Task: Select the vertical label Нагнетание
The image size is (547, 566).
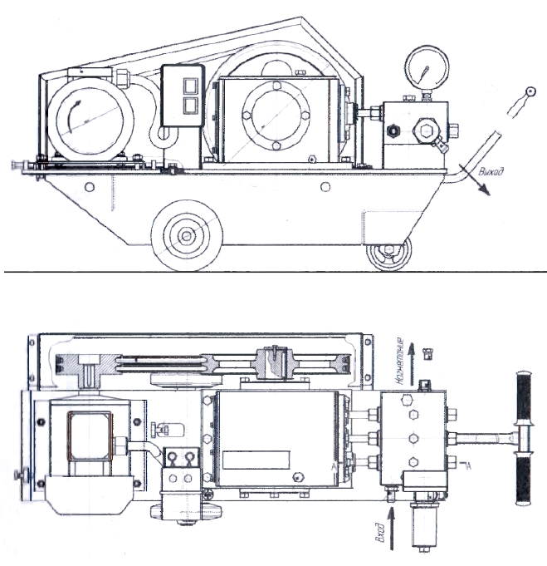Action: pyautogui.click(x=399, y=360)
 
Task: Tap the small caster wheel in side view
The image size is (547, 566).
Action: pyautogui.click(x=388, y=255)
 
